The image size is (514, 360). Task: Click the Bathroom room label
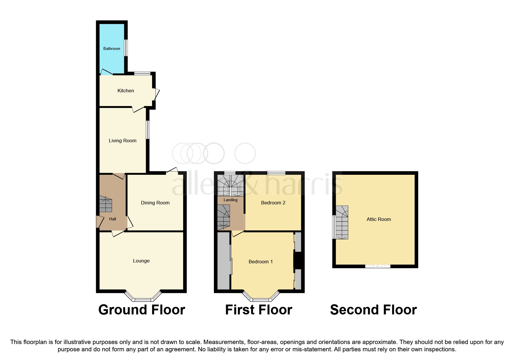[x=111, y=48]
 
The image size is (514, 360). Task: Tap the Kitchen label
[x=125, y=91]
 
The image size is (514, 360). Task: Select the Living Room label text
[x=122, y=141]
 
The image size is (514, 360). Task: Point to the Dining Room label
[x=155, y=203]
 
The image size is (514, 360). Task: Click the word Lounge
[x=141, y=261]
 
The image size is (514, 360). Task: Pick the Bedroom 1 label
[x=260, y=262]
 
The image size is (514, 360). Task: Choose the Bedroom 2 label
[x=273, y=203]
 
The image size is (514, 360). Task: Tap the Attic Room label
[x=378, y=219]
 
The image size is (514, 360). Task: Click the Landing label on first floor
[x=230, y=200]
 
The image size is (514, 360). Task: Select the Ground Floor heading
[x=142, y=310]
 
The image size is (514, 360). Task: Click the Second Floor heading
[x=373, y=310]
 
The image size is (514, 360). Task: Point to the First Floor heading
[x=258, y=310]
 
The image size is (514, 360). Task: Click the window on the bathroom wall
[x=126, y=48]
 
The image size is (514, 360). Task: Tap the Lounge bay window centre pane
[x=143, y=300]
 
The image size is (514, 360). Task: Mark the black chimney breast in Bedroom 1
[x=298, y=260]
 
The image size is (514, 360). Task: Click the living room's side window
[x=148, y=129]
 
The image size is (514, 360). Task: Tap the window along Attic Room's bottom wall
[x=378, y=266]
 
